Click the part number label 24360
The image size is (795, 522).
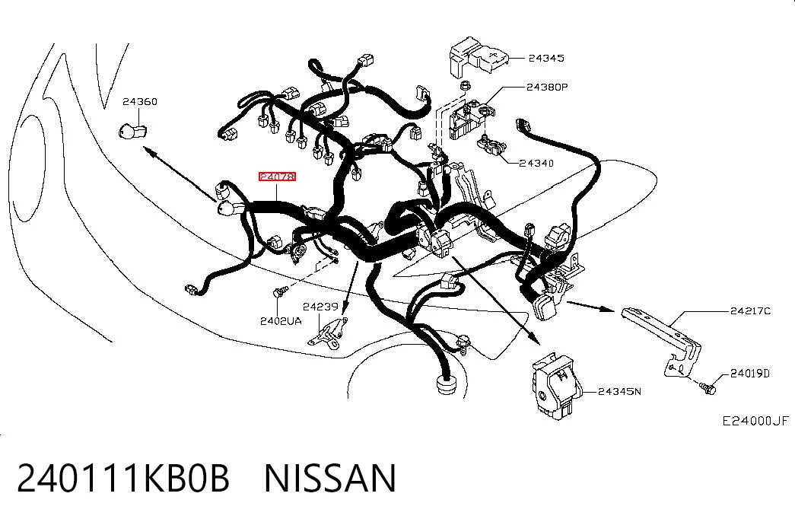pos(140,101)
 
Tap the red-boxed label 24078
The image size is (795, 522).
pos(277,177)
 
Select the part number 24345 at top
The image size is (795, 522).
pos(546,58)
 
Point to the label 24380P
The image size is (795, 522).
pos(547,87)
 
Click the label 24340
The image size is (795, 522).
pos(536,163)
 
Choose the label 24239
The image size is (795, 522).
pos(320,307)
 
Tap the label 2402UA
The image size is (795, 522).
pos(281,321)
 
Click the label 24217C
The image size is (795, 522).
pos(750,310)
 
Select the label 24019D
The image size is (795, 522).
pos(750,374)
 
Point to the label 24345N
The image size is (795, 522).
pos(619,391)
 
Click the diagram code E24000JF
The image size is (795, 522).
pos(755,421)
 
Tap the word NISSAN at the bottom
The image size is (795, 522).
pos(329,478)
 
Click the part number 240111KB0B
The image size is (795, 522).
pos(123,478)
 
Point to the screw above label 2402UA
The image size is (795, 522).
pos(280,291)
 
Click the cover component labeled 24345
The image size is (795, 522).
pos(479,56)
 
